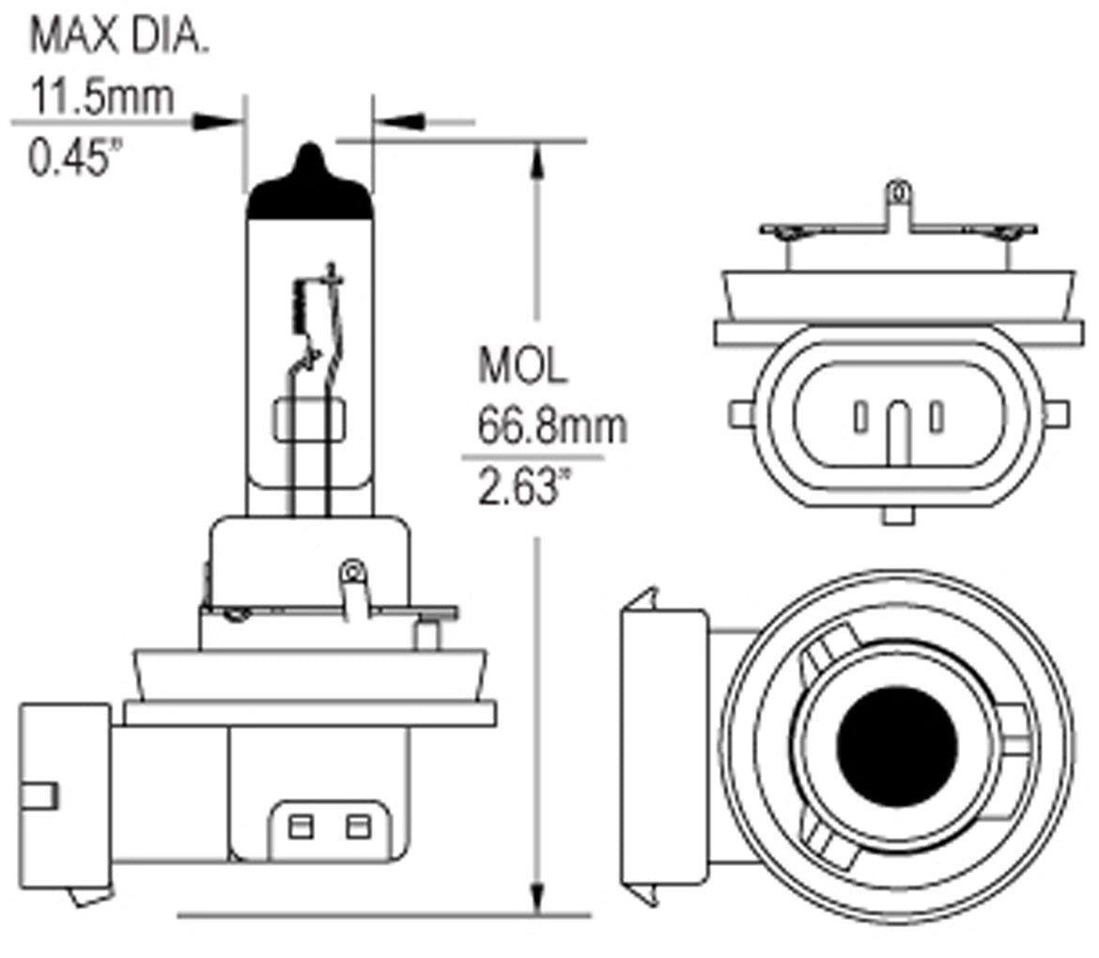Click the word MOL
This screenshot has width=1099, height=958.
tap(522, 366)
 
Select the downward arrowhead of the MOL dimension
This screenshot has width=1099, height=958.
tap(537, 896)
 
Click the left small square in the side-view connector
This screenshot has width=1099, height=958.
tap(301, 827)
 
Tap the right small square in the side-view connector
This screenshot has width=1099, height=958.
tap(356, 827)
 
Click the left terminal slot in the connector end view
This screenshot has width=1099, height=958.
tap(859, 417)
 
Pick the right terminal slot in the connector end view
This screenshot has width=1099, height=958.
tap(936, 417)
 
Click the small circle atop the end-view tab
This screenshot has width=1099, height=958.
tap(898, 192)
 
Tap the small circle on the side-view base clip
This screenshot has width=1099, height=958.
tap(353, 569)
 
